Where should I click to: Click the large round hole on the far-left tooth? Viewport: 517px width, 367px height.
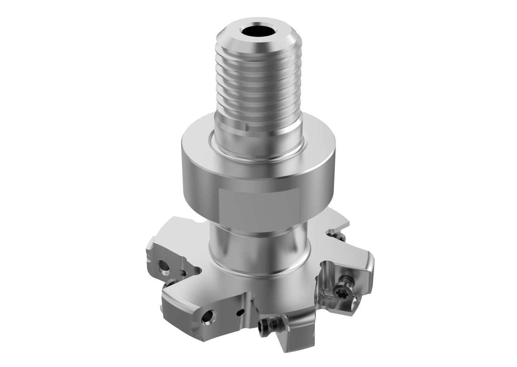click(x=163, y=266)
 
